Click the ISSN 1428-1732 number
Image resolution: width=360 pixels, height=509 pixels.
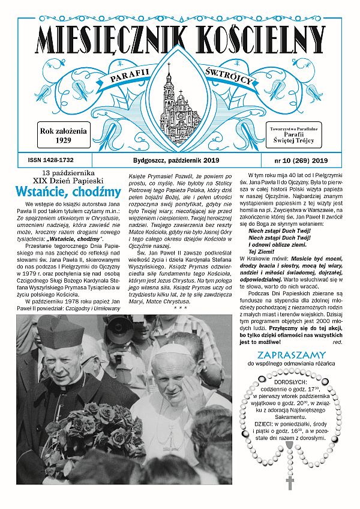pyautogui.click(x=50, y=160)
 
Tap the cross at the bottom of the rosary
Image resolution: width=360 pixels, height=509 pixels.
pyautogui.click(x=290, y=482)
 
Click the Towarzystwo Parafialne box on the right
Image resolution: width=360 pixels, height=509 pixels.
pyautogui.click(x=298, y=136)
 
